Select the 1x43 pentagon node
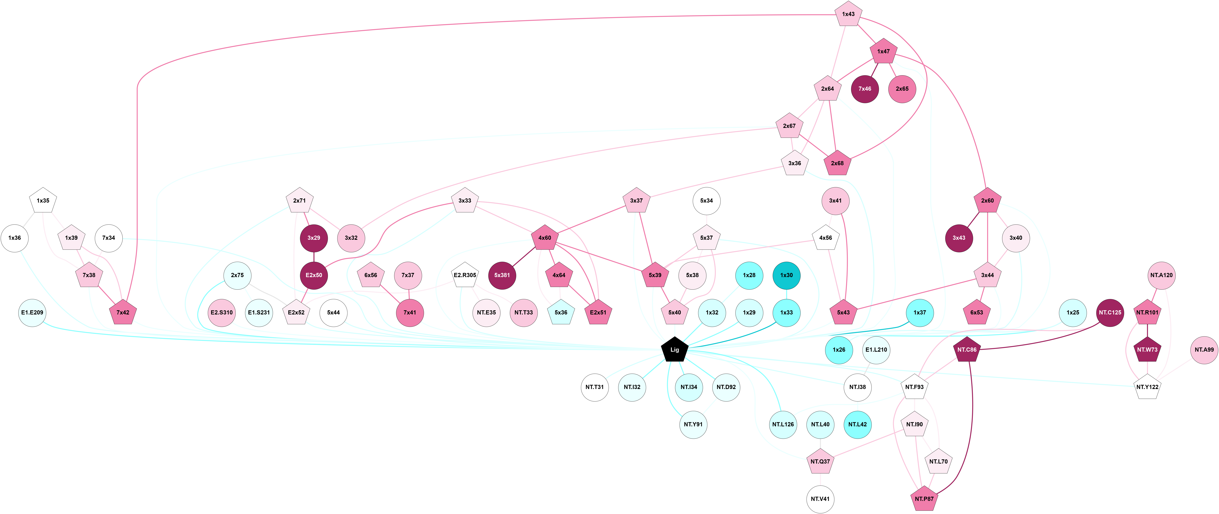pos(848,14)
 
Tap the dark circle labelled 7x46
pos(864,89)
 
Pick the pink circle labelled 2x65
pos(902,89)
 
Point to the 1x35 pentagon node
pos(43,201)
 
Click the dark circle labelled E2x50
pos(314,275)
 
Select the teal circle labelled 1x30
pos(787,275)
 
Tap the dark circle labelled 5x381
pos(502,275)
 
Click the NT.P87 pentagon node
pos(924,499)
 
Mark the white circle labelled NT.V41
pos(820,499)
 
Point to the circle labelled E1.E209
pos(32,312)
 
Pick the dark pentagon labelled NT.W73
pos(1147,350)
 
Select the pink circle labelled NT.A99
pos(1204,350)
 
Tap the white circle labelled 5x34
pos(707,201)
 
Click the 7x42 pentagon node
pos(123,312)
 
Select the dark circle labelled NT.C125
pos(1110,312)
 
